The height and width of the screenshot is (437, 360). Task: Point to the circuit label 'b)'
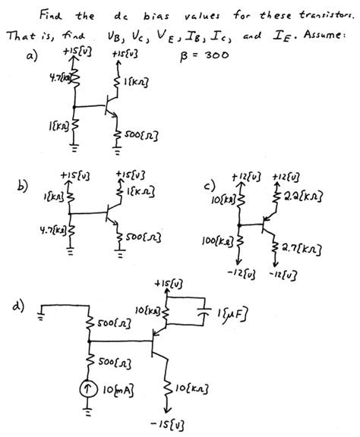click(24, 184)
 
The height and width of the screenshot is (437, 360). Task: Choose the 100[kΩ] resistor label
click(220, 242)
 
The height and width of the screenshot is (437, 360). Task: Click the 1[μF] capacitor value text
click(232, 311)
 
